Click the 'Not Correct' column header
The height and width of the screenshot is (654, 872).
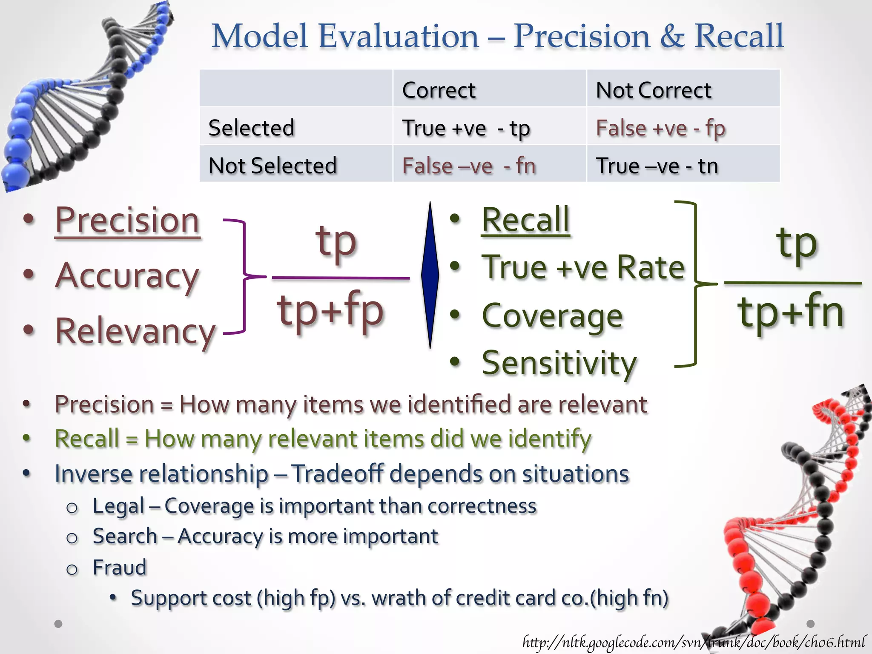[654, 90]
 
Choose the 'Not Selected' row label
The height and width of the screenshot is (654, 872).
[272, 165]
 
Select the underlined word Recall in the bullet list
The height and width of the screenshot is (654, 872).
[525, 220]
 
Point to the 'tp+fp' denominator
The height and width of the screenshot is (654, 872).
[330, 311]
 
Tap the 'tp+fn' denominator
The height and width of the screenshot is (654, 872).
[791, 313]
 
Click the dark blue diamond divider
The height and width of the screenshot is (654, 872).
[430, 275]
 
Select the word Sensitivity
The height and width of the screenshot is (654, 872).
[559, 363]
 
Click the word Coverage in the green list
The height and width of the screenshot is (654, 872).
[552, 316]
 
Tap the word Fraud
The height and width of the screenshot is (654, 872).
[120, 568]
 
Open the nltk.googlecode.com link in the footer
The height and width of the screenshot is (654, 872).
[694, 641]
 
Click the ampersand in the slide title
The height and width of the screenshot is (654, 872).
[672, 36]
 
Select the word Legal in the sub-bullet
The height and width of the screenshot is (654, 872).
[119, 506]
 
